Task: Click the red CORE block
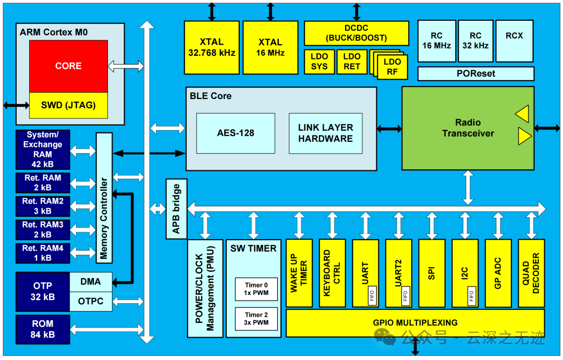click(69, 66)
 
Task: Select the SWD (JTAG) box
click(69, 105)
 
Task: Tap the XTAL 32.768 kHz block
click(212, 47)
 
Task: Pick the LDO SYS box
click(319, 61)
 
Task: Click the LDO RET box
click(352, 61)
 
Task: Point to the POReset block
click(476, 73)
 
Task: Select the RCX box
click(515, 41)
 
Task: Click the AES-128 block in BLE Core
click(236, 133)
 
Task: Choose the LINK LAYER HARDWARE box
click(326, 133)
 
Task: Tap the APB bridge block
click(176, 209)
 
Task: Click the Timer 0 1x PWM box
click(256, 289)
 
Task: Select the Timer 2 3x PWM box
click(256, 319)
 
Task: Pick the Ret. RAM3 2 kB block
click(43, 230)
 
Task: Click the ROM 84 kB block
click(43, 329)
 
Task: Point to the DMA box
click(91, 282)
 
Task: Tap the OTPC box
click(91, 302)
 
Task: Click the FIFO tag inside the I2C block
click(471, 296)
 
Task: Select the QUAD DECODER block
click(531, 273)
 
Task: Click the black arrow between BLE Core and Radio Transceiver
click(389, 129)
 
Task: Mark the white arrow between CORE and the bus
click(126, 66)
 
